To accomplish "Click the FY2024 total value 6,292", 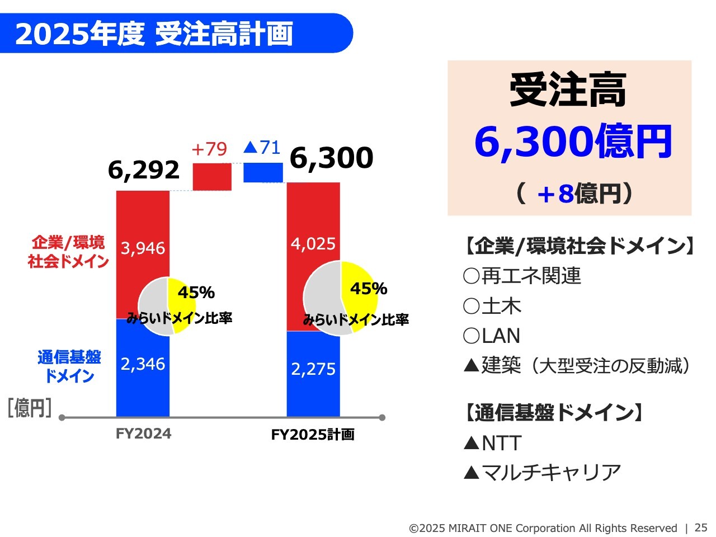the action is tap(143, 170).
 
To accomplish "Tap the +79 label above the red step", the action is tap(209, 149).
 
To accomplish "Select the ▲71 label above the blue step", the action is tap(262, 147).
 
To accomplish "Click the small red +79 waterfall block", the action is tap(212, 177).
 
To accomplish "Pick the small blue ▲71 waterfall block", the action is tap(263, 172).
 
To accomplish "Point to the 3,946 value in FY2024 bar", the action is tap(143, 248).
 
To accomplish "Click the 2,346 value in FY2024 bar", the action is tap(143, 364).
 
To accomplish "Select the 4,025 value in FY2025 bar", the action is tap(313, 244).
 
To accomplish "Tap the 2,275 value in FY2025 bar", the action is tap(313, 369).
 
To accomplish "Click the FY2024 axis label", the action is tap(143, 434).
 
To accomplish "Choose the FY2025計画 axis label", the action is tap(313, 435).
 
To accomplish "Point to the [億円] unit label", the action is tap(29, 408).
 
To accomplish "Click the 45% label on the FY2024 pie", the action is tap(196, 293).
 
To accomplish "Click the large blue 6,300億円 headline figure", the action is tap(573, 142).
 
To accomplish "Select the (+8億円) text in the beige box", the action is tap(574, 194).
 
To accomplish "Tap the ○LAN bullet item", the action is tap(491, 336).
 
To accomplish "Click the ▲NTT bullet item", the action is tap(493, 444).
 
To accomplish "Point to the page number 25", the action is tap(701, 527).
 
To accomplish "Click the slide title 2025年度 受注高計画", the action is tap(154, 34).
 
